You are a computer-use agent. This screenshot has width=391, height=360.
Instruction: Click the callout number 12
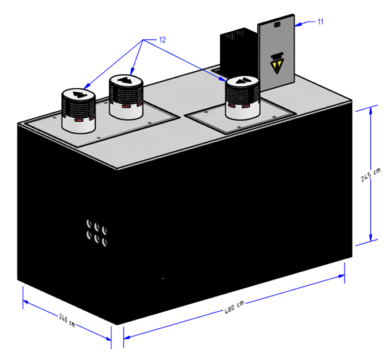point(162,40)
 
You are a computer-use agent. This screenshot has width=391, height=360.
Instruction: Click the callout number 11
point(321,22)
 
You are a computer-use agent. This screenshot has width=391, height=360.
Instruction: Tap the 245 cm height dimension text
point(371,175)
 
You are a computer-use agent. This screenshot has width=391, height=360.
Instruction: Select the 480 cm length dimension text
point(234,307)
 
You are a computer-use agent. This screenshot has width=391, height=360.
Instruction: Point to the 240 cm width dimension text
point(67,320)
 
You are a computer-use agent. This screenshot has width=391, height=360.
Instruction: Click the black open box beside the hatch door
point(238,52)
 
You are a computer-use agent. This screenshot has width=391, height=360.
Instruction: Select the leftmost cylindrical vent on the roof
point(78,111)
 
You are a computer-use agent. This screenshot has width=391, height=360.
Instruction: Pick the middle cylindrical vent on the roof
point(126,96)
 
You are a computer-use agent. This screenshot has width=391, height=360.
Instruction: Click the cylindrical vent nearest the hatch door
point(243,98)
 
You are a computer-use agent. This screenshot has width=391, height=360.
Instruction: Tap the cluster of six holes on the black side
point(97,233)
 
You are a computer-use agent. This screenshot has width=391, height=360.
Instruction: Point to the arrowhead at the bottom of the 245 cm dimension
point(370,237)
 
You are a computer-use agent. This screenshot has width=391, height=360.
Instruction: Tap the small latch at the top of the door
point(277,25)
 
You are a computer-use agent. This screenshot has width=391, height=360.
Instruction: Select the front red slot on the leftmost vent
point(78,121)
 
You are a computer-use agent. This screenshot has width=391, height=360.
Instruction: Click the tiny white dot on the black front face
point(163,278)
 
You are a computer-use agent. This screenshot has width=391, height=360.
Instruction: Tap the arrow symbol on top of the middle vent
point(126,80)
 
